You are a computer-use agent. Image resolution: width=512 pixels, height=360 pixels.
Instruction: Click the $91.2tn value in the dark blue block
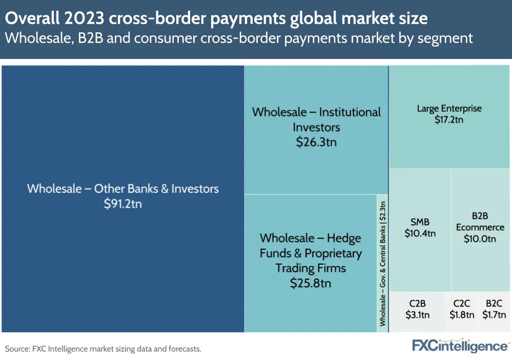(x=122, y=204)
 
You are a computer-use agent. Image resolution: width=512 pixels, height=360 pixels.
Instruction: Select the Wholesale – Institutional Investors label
(x=316, y=119)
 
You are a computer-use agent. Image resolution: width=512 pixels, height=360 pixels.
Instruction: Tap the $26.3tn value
(x=316, y=142)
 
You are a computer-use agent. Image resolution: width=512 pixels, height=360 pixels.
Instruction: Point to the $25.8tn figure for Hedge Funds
(x=310, y=283)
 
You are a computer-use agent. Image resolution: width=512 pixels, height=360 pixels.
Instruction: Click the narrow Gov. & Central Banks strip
(x=382, y=263)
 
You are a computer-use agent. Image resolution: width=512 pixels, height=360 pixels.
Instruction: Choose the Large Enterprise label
(x=449, y=108)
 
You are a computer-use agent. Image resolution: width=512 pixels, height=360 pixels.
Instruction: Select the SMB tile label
(x=420, y=222)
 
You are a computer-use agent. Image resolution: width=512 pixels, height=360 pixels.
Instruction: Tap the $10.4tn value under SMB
(x=420, y=233)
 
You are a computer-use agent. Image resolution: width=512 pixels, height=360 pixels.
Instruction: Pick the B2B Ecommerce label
(x=480, y=222)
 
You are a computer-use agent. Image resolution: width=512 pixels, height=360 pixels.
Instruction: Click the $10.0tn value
(x=480, y=238)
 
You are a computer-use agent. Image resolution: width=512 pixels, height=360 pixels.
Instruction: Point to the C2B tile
(x=417, y=309)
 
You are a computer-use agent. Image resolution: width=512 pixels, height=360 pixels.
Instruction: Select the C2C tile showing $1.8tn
(x=461, y=309)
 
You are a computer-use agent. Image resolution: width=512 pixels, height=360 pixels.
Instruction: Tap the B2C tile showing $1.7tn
(x=495, y=309)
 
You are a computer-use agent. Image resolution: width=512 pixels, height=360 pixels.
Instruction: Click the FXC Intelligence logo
(x=460, y=346)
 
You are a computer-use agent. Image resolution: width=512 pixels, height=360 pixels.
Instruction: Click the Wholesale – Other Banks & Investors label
(x=122, y=188)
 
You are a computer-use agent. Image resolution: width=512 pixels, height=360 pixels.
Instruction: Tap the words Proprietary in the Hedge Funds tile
(x=333, y=253)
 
